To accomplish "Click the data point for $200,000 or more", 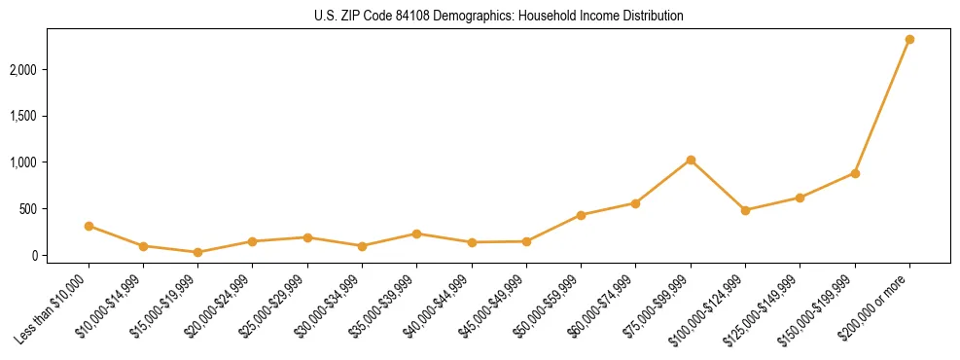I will point(909,40).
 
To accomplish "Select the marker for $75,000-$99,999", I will point(691,160).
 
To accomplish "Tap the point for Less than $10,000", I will point(89,226).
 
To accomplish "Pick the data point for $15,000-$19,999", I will point(197,252).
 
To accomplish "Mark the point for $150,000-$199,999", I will point(855,173).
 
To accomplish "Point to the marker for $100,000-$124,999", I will point(745,210).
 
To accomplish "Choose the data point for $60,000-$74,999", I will point(635,203).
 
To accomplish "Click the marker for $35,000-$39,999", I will point(416,234).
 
